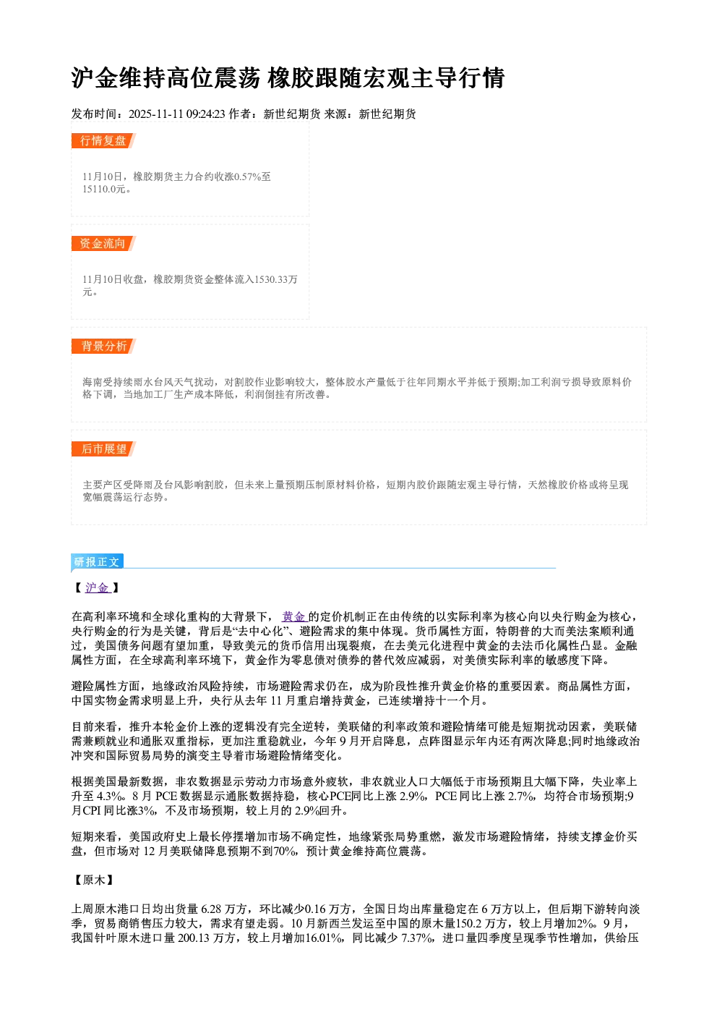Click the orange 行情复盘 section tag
(x=103, y=141)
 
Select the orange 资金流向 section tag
(x=103, y=243)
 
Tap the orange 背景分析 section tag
(x=103, y=347)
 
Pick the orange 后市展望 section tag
(x=103, y=449)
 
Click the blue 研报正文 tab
(x=97, y=562)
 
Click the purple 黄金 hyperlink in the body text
(x=294, y=616)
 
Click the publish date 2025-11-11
(x=155, y=114)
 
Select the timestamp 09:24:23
(x=205, y=114)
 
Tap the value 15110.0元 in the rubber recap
(x=103, y=189)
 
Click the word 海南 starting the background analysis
(x=93, y=383)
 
